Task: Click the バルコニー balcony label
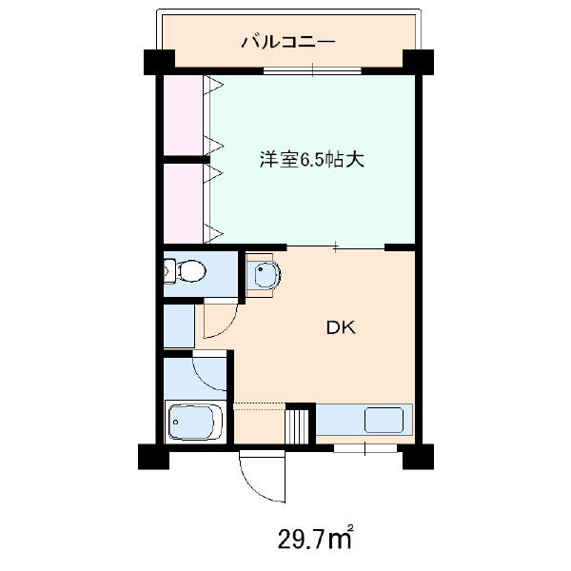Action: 288,42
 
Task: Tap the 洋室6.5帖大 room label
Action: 312,159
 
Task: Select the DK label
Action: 341,328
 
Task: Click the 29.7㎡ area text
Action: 315,538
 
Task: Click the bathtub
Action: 195,422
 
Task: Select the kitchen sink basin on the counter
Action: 384,420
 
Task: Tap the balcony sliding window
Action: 312,70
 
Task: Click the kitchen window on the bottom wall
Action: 365,448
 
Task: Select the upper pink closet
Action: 183,115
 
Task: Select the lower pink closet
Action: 183,204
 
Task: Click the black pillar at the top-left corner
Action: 160,62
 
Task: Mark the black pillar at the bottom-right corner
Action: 418,456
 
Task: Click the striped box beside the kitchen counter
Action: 296,426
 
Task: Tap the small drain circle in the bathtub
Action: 176,422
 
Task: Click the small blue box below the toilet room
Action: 179,325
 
